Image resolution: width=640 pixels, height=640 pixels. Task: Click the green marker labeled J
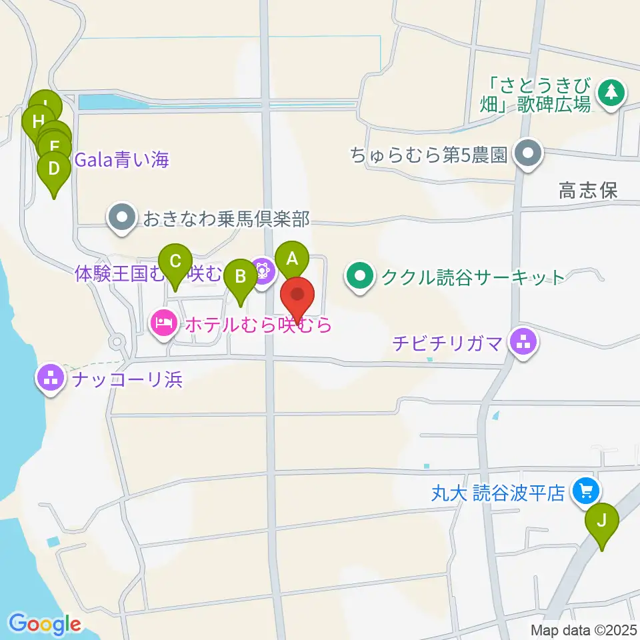pyautogui.click(x=602, y=519)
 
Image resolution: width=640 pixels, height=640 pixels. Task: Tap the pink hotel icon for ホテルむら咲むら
pyautogui.click(x=163, y=324)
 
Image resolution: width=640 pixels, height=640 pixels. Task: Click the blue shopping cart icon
pyautogui.click(x=587, y=493)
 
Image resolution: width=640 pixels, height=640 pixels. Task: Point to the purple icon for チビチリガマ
pyautogui.click(x=521, y=343)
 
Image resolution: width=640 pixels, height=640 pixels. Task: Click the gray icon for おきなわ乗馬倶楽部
pyautogui.click(x=121, y=219)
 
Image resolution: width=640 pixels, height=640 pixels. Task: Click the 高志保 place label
pyautogui.click(x=588, y=192)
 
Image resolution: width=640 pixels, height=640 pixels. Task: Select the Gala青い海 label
pyautogui.click(x=122, y=160)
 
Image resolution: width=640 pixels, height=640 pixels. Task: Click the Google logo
pyautogui.click(x=45, y=624)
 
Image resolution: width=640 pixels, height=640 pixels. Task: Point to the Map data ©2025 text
pyautogui.click(x=584, y=630)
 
